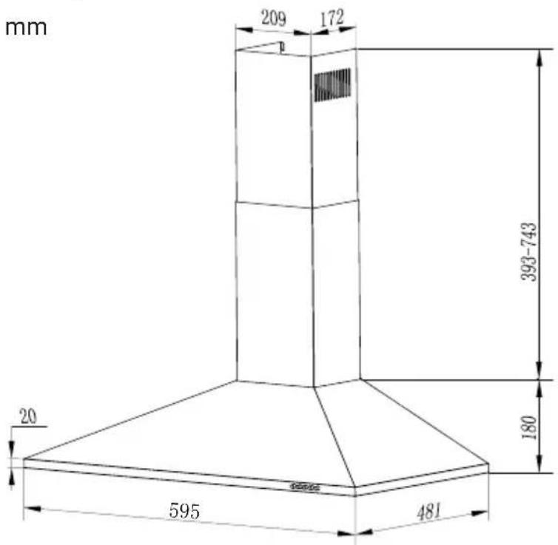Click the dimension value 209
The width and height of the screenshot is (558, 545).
click(274, 18)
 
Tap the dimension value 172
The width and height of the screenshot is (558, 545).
click(332, 18)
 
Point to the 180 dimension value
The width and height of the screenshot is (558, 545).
click(529, 427)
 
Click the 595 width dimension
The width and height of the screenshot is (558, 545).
click(184, 511)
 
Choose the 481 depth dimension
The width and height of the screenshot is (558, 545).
click(428, 512)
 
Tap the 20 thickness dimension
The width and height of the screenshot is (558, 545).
click(28, 416)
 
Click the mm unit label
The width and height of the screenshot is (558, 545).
click(26, 28)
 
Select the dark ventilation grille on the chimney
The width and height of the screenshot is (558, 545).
click(332, 84)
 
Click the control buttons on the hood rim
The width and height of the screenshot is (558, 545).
click(305, 487)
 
